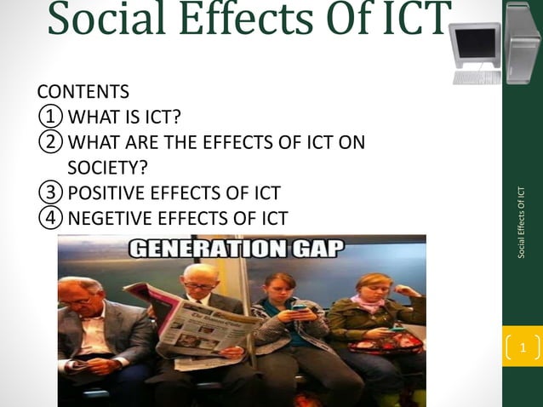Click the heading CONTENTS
click(x=83, y=91)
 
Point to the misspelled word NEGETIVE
click(x=111, y=218)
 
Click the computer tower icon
click(x=522, y=43)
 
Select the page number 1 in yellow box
click(x=523, y=347)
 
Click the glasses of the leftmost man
click(x=79, y=300)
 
